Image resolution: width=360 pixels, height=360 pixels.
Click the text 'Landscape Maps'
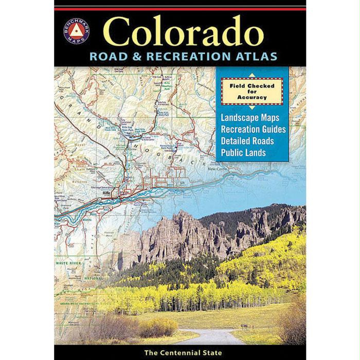(249, 118)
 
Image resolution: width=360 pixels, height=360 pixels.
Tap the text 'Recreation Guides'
(253, 129)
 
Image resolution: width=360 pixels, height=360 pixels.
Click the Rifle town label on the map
(106, 193)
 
